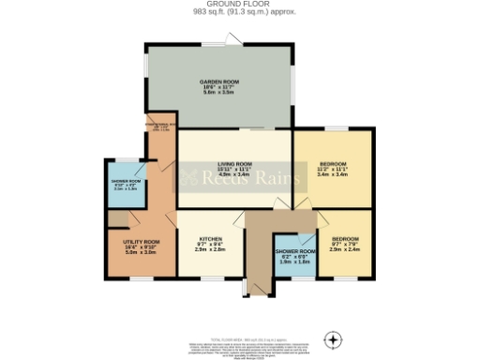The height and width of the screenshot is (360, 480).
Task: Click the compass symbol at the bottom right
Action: pyautogui.click(x=330, y=338)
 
